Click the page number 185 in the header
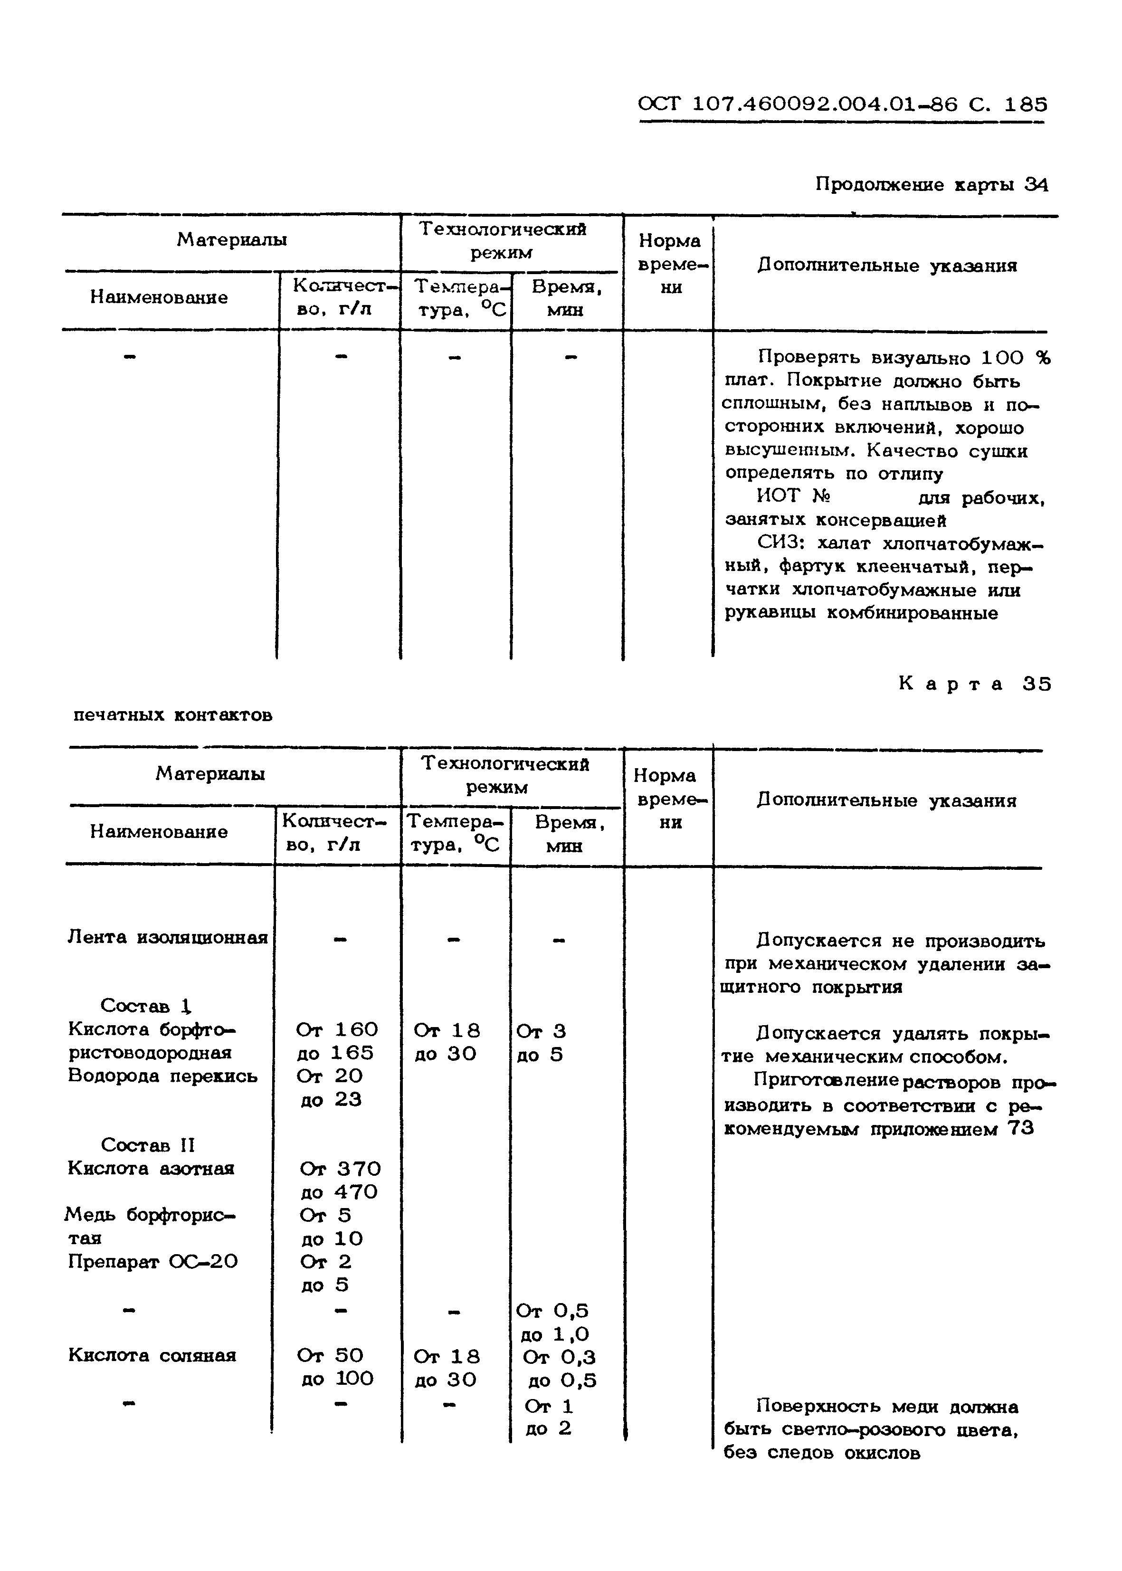point(1025,105)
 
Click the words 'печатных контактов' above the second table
point(173,714)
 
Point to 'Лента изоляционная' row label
point(168,937)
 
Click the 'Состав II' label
point(148,1145)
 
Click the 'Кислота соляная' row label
point(152,1355)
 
